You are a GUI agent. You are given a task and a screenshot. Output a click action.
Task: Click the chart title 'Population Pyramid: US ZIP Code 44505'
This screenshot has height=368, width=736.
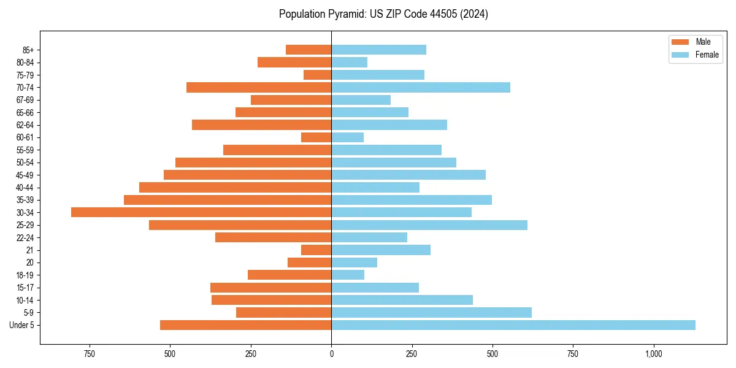click(x=383, y=14)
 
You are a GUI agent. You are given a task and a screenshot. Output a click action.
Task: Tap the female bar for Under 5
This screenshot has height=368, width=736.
click(x=513, y=325)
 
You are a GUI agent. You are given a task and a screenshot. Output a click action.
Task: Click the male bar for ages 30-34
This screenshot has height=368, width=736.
click(x=201, y=212)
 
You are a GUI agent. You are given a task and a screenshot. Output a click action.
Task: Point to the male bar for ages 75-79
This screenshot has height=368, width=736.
click(x=317, y=75)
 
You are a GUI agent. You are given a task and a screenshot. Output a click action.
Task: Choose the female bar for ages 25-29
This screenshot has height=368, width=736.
click(x=429, y=225)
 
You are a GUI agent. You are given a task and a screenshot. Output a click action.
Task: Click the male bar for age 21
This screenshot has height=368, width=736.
click(x=316, y=250)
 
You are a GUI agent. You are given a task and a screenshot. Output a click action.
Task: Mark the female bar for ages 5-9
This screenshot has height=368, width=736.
click(x=431, y=313)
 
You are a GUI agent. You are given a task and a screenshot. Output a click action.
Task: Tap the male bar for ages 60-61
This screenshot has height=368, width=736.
click(x=316, y=137)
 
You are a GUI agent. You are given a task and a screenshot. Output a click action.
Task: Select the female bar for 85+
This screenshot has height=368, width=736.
click(x=378, y=50)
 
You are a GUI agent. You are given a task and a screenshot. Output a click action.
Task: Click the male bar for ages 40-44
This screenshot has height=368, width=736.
click(x=235, y=188)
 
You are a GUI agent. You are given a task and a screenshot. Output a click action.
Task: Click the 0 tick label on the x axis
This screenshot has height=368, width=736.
click(x=331, y=354)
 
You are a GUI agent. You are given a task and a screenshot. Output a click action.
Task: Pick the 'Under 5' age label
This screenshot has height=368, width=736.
click(x=22, y=325)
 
